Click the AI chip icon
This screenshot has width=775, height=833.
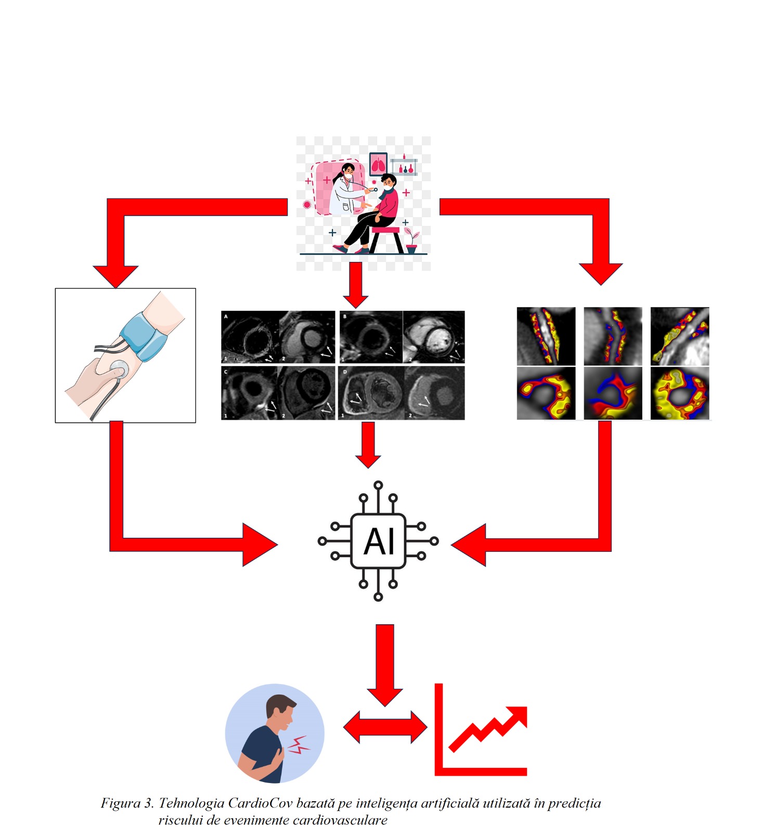pos(378,541)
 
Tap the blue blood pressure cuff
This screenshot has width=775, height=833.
pos(143,336)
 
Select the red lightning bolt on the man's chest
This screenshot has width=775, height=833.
pos(299,745)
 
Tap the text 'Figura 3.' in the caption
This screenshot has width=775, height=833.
pos(127,803)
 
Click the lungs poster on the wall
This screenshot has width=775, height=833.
pos(378,164)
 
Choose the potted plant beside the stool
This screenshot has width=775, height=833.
pos(411,241)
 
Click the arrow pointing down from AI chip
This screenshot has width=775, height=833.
pos(385,664)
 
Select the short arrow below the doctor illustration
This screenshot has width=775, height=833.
pos(356,284)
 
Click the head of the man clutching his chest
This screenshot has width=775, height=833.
pos(280,711)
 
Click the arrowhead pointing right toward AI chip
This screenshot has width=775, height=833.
pos(259,545)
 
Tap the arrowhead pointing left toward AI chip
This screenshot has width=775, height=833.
pos(470,545)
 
